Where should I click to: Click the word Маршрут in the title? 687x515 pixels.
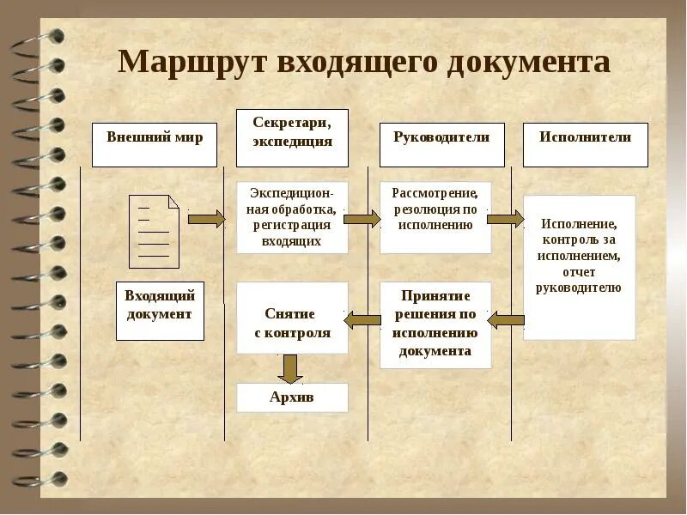(x=190, y=63)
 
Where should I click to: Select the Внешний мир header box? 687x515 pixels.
(x=155, y=144)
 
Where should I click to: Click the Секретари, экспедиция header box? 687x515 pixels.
(x=292, y=137)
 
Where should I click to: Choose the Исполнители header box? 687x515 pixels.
(x=585, y=144)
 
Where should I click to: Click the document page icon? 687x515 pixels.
(x=154, y=232)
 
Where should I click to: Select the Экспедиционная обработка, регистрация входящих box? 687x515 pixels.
(x=292, y=217)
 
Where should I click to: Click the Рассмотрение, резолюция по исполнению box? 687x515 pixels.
(x=435, y=217)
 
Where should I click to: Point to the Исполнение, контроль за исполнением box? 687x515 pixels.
(x=579, y=267)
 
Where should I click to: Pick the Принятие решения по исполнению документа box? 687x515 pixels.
(x=435, y=325)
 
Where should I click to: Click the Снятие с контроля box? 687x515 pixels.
(x=292, y=318)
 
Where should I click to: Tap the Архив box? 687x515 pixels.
(x=292, y=397)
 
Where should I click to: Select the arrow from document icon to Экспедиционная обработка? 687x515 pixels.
(x=206, y=219)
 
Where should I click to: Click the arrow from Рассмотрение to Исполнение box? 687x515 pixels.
(x=505, y=219)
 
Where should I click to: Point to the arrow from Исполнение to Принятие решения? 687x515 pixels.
(x=506, y=320)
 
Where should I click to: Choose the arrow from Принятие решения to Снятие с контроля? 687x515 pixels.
(x=362, y=320)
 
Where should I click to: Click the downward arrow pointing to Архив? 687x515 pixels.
(x=291, y=368)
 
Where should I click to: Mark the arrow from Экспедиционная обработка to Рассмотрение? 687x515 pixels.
(x=362, y=219)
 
